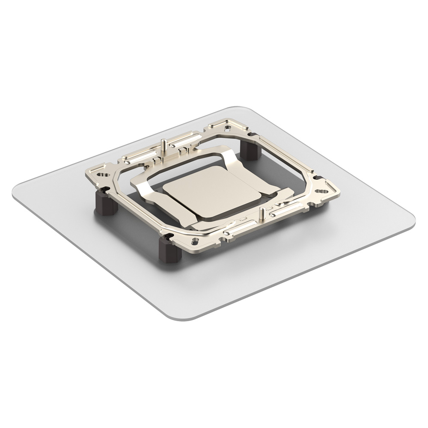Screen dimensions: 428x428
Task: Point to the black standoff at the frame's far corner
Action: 250,151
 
